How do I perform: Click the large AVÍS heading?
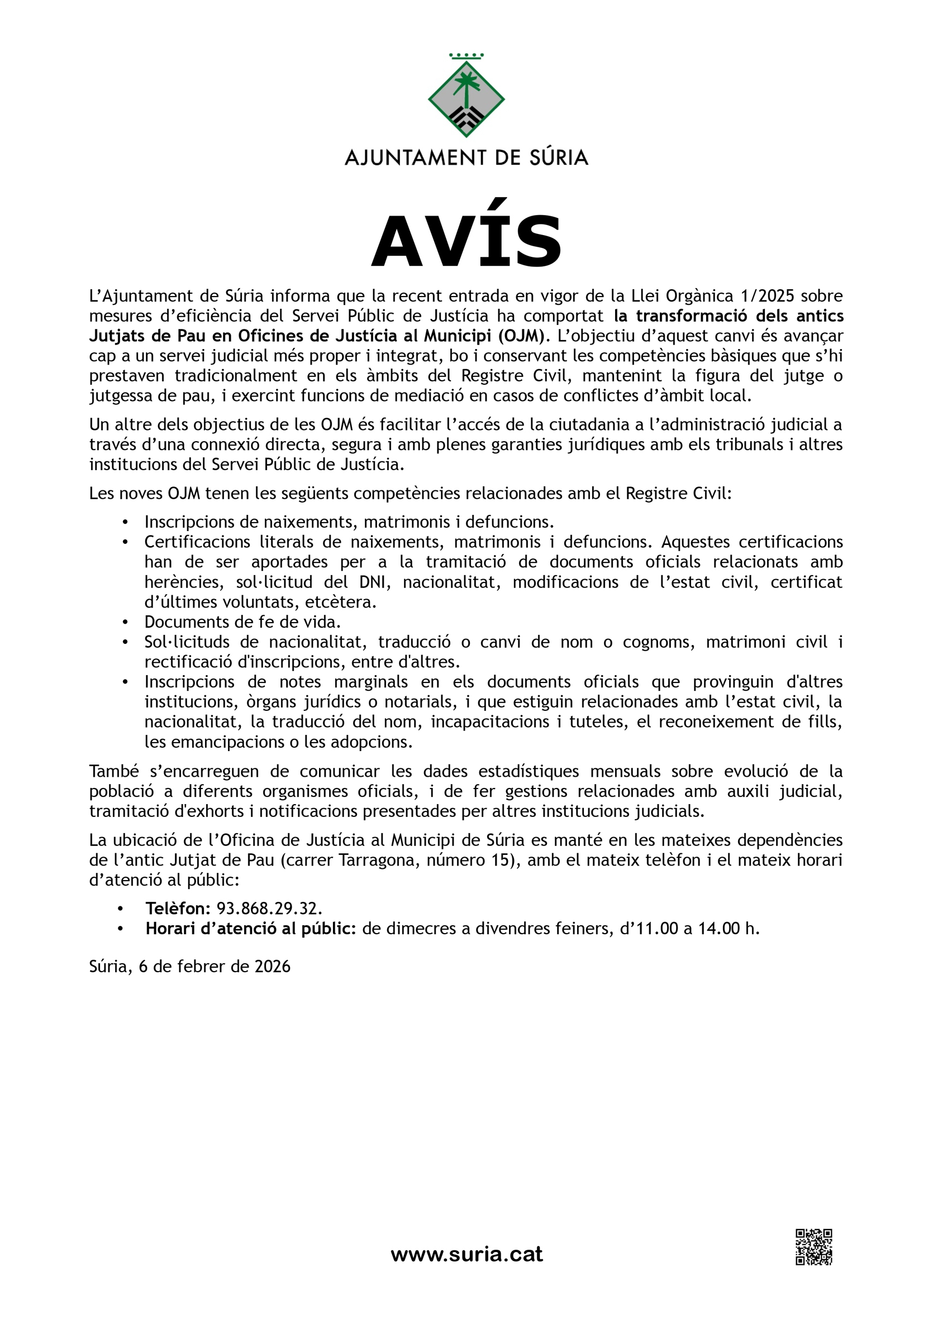point(466,241)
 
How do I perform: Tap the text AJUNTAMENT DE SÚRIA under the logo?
point(466,157)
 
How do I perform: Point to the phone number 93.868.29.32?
point(269,908)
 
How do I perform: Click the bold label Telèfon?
point(178,908)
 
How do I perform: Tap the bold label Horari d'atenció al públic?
point(251,928)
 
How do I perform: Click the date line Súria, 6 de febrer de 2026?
point(190,966)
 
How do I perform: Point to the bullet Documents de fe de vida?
point(242,622)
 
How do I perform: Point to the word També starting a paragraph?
point(113,771)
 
